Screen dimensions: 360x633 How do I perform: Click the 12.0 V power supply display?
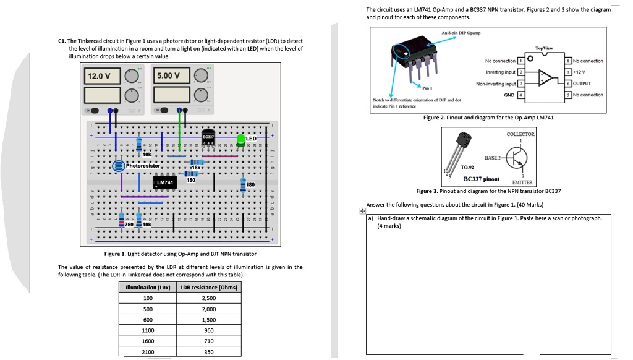click(x=100, y=76)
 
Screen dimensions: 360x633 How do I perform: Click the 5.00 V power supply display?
click(x=168, y=76)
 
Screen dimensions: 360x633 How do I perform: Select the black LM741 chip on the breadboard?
click(x=164, y=182)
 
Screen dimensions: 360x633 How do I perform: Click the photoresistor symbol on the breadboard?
click(x=118, y=166)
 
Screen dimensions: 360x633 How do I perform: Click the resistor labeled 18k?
click(x=193, y=161)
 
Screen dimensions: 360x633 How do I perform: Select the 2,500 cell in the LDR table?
click(x=209, y=298)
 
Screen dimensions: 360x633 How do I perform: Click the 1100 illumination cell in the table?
click(x=148, y=330)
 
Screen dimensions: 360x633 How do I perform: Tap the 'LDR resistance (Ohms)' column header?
click(x=209, y=287)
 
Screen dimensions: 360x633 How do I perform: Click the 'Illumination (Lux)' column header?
click(x=148, y=287)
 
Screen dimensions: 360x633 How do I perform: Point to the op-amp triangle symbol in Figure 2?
click(x=545, y=78)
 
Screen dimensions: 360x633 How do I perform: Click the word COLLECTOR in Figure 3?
click(x=520, y=134)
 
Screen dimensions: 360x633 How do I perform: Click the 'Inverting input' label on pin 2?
click(x=501, y=72)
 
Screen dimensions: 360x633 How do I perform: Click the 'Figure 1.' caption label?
click(x=115, y=254)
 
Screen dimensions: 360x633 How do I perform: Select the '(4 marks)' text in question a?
click(x=389, y=226)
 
